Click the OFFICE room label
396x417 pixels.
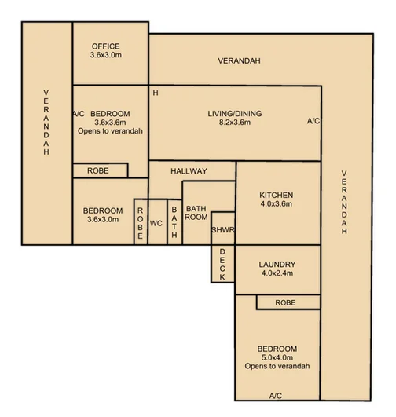point(105,46)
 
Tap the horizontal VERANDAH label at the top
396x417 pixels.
point(239,61)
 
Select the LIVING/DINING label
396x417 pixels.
point(234,114)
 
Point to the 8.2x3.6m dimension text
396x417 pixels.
point(234,124)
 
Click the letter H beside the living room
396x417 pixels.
point(156,93)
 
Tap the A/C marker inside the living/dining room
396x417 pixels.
point(313,121)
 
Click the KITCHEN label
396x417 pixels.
point(276,195)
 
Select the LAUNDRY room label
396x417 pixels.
point(276,265)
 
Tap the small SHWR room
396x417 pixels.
point(223,229)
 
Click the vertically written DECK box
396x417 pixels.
point(222,264)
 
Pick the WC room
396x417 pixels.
point(156,222)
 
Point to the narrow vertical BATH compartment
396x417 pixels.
point(174,222)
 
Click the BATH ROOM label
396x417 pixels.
point(196,213)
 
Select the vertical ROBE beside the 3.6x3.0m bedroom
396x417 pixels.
point(140,222)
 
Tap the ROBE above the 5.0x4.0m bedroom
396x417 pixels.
point(285,302)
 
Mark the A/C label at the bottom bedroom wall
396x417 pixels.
point(276,396)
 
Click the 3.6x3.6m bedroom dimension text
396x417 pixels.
point(110,123)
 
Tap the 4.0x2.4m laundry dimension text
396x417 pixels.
point(276,274)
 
